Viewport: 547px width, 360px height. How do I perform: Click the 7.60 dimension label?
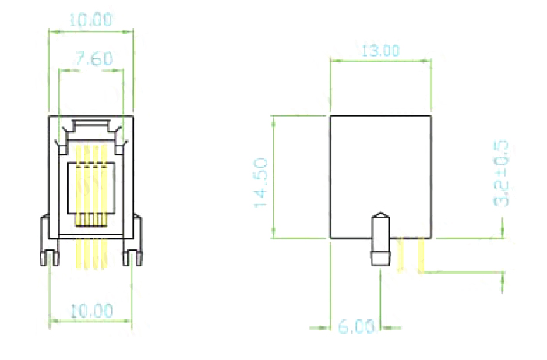(x=94, y=58)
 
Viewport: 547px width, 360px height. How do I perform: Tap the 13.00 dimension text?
(x=380, y=51)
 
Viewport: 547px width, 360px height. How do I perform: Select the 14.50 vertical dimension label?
(x=261, y=183)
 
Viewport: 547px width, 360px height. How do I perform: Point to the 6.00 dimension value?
(x=356, y=326)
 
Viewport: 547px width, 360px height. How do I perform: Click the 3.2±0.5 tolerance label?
(x=501, y=174)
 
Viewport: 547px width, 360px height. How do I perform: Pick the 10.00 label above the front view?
(x=90, y=20)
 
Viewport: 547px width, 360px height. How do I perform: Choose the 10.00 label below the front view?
(x=92, y=311)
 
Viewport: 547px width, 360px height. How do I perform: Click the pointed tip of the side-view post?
(x=380, y=213)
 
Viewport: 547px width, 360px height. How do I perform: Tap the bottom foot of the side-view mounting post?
(x=380, y=259)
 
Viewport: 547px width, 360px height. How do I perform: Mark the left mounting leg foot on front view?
(x=50, y=259)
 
